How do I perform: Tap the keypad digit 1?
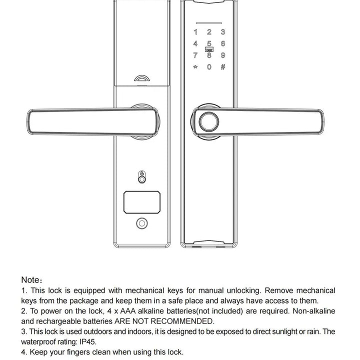(195, 32)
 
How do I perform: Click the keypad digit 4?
(195, 43)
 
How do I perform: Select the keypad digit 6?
(223, 43)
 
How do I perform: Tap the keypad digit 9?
(223, 55)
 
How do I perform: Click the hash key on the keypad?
(223, 67)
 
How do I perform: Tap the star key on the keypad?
(195, 67)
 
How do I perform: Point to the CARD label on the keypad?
(209, 49)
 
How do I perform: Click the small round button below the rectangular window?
(142, 223)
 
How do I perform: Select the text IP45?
(85, 342)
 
